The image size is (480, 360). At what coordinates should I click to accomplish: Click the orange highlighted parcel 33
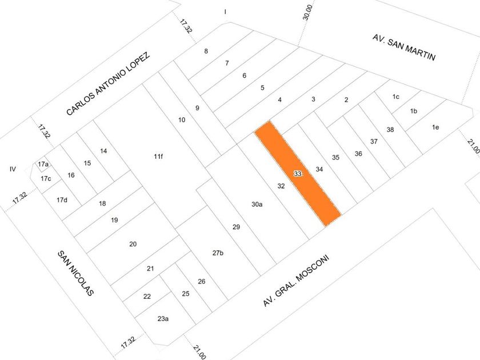pyautogui.click(x=298, y=174)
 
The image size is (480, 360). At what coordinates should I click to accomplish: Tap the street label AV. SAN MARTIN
pyautogui.click(x=404, y=47)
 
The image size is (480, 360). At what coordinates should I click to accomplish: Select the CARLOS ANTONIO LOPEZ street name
pyautogui.click(x=109, y=84)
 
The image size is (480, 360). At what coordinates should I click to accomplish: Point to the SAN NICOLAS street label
pyautogui.click(x=75, y=273)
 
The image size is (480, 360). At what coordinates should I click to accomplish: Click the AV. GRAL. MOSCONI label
pyautogui.click(x=296, y=281)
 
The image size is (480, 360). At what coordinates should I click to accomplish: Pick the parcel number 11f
pyautogui.click(x=158, y=157)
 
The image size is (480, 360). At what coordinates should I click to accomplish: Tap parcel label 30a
pyautogui.click(x=257, y=204)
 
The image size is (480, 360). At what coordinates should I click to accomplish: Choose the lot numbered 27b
pyautogui.click(x=218, y=253)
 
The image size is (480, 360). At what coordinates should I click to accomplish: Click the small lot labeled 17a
pyautogui.click(x=43, y=165)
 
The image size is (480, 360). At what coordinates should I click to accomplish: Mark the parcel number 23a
pyautogui.click(x=163, y=319)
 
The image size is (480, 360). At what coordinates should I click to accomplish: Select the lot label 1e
pyautogui.click(x=435, y=127)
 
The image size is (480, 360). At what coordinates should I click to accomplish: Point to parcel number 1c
pyautogui.click(x=396, y=97)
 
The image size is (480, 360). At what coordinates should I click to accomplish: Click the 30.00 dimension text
pyautogui.click(x=307, y=13)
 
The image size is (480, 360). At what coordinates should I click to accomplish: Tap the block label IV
pyautogui.click(x=13, y=169)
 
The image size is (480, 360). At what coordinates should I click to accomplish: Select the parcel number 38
pyautogui.click(x=390, y=130)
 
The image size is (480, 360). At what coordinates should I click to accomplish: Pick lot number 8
pyautogui.click(x=206, y=51)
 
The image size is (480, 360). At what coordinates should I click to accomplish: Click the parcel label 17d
pyautogui.click(x=62, y=200)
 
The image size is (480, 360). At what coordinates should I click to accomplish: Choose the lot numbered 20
pyautogui.click(x=133, y=244)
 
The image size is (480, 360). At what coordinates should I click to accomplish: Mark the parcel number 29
pyautogui.click(x=236, y=227)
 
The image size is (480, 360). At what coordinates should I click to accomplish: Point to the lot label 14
pyautogui.click(x=103, y=151)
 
